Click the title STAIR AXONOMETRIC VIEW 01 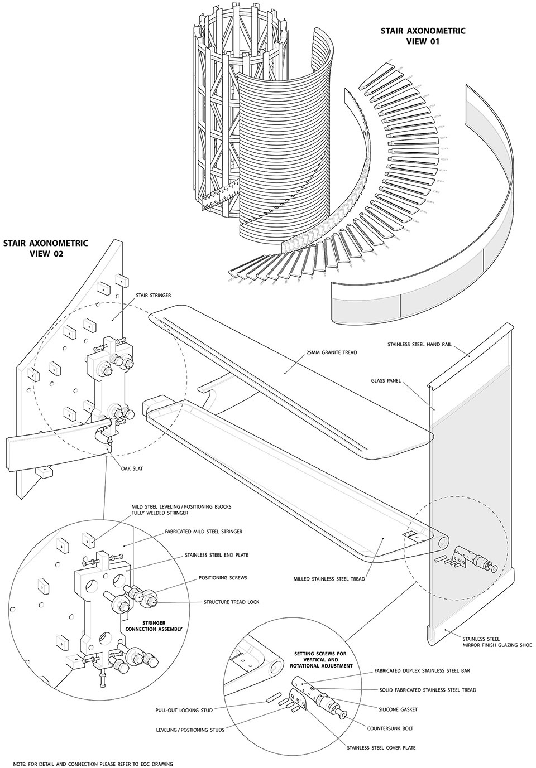coord(415,36)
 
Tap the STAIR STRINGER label coord(154,295)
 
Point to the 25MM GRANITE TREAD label coord(331,352)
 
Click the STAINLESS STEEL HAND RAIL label coord(418,345)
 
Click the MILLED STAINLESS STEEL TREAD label coord(329,579)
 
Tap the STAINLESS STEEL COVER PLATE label coord(381,748)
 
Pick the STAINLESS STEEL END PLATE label coord(217,555)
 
